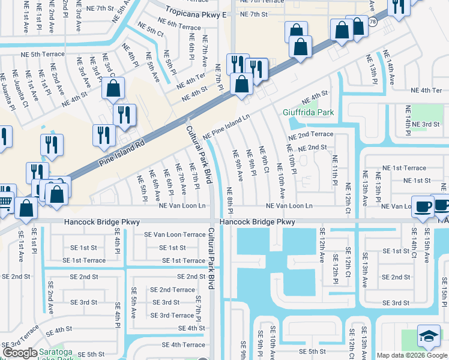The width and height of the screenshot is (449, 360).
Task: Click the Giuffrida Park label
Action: tap(308, 112)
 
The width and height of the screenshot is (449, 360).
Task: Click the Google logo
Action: tap(19, 353)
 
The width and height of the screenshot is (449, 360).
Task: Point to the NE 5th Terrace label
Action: tap(36, 54)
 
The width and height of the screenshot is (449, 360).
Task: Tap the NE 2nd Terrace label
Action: tap(310, 134)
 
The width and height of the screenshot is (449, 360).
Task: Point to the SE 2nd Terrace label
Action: tap(172, 290)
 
